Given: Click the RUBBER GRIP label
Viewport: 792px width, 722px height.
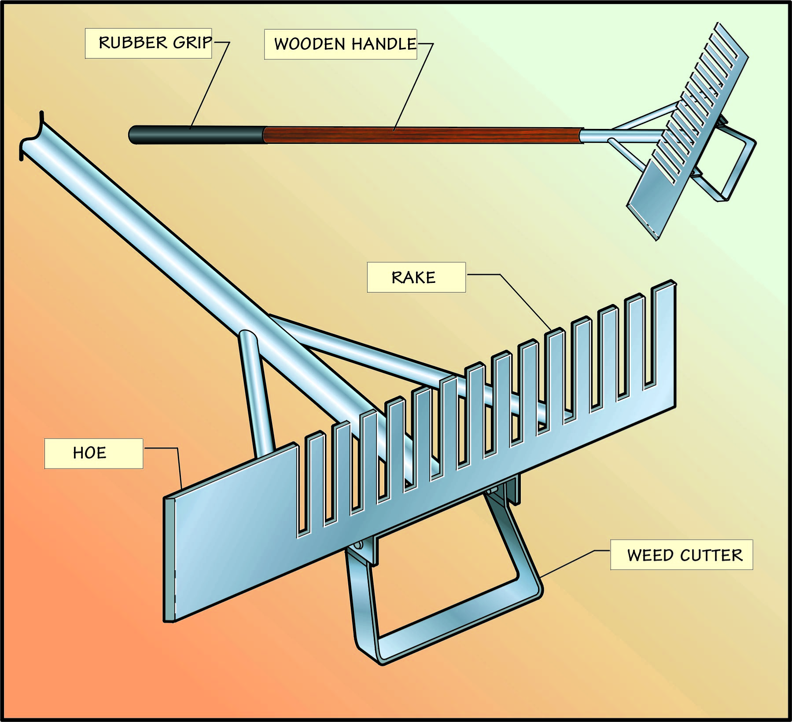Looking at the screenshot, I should click(x=148, y=43).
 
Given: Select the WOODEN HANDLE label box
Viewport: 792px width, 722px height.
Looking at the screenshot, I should click(x=340, y=44).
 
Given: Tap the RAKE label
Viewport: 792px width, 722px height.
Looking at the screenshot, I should click(x=416, y=277).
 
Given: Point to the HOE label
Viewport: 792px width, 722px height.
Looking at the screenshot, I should click(x=93, y=453).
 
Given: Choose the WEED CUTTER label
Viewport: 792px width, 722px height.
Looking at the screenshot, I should click(x=681, y=555).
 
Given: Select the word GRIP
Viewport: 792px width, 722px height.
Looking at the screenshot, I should click(x=192, y=43).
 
